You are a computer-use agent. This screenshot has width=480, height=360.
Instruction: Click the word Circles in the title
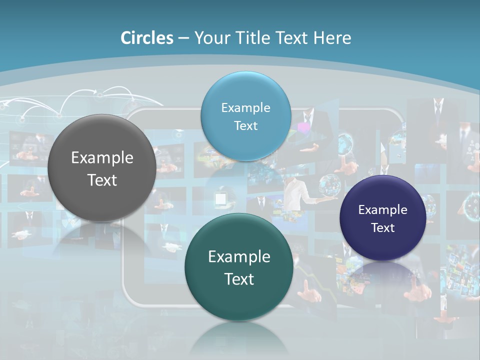(x=146, y=38)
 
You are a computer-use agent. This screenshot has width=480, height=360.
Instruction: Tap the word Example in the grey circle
(x=102, y=158)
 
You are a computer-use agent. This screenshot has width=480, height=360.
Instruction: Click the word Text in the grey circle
(x=102, y=180)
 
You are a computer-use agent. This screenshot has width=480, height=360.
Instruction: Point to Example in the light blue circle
(x=245, y=108)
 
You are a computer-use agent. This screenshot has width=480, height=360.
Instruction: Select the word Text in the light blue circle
(x=245, y=125)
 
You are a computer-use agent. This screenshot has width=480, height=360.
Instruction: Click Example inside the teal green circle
(x=239, y=257)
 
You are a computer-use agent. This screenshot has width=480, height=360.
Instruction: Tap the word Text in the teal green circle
(x=239, y=279)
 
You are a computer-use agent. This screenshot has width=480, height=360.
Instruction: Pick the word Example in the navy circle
(x=382, y=210)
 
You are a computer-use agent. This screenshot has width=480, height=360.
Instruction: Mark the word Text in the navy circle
(x=382, y=228)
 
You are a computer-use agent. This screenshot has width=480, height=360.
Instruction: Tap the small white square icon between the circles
(x=220, y=198)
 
